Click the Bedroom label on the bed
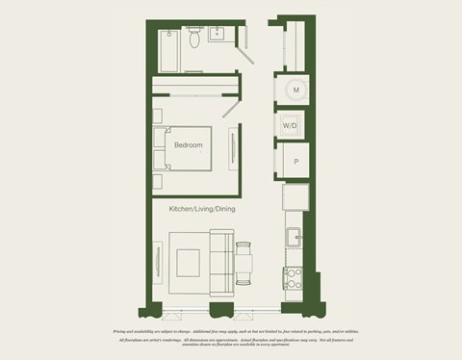click(x=189, y=145)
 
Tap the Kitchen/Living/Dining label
click(x=202, y=209)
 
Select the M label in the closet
click(x=296, y=90)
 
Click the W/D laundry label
click(x=289, y=125)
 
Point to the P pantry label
click(x=295, y=162)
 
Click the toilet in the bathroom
click(x=195, y=38)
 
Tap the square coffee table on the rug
click(x=187, y=261)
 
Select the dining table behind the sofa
click(x=244, y=261)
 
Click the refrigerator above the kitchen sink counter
click(x=294, y=198)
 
